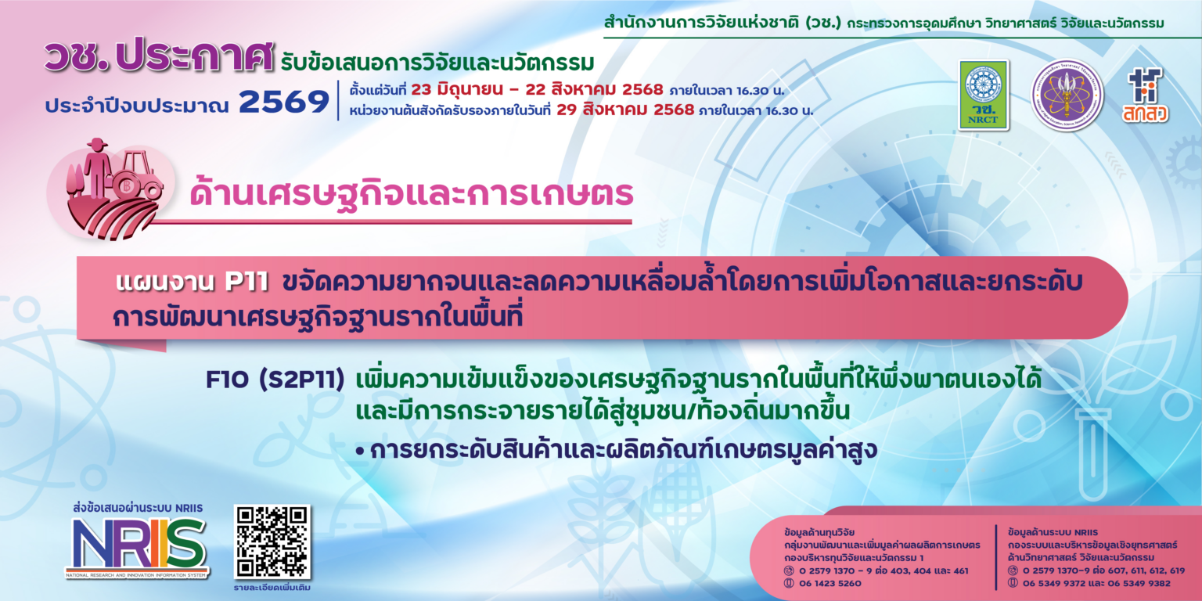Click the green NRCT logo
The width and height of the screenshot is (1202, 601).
click(984, 95)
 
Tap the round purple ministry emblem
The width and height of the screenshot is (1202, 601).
click(1067, 95)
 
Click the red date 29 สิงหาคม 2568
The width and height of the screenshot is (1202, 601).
click(624, 110)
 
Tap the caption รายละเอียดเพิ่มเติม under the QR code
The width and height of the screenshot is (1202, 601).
click(272, 587)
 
